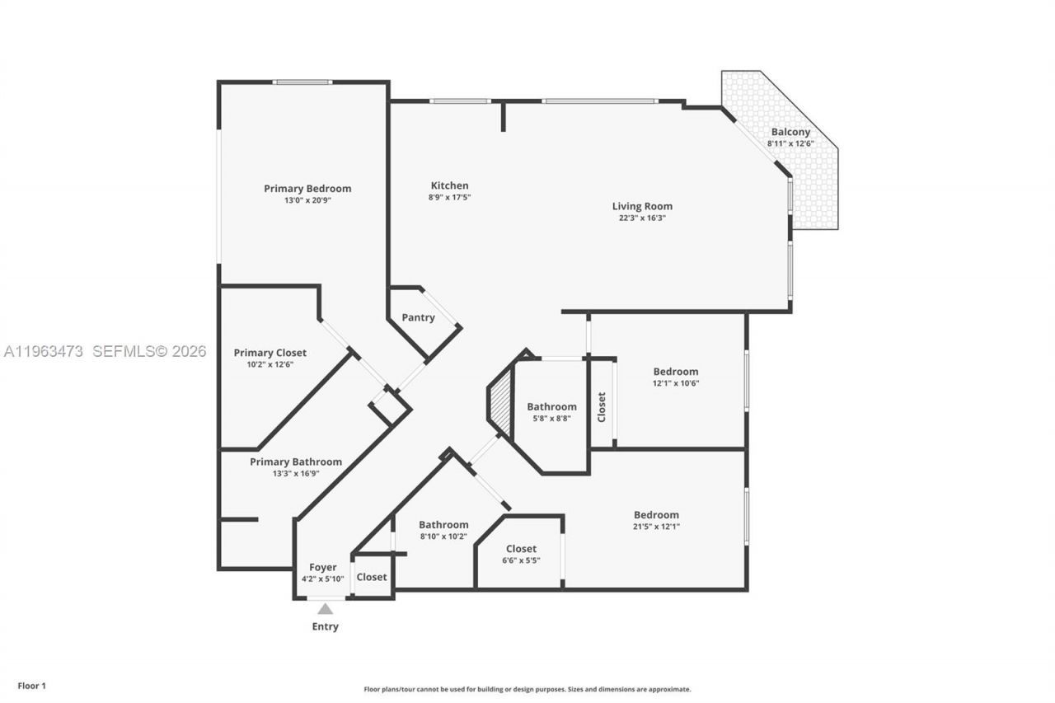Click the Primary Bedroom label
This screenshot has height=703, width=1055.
(307, 189)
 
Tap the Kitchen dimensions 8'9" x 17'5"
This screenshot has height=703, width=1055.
(449, 197)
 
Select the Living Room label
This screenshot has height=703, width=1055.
(642, 206)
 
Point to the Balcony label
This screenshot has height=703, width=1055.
(790, 132)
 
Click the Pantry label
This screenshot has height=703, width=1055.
(418, 317)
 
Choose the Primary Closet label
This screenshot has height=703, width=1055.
(270, 353)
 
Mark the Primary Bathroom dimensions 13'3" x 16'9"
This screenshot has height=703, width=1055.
(296, 473)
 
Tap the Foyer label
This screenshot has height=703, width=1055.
(323, 567)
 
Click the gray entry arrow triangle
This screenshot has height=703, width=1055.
(326, 609)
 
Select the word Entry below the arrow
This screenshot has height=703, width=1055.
(326, 626)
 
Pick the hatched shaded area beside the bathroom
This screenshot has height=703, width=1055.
(500, 401)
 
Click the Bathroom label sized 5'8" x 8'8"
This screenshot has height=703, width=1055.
(551, 406)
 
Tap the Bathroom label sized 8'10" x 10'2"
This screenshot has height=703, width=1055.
(443, 524)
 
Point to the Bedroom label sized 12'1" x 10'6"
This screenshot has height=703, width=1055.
(676, 372)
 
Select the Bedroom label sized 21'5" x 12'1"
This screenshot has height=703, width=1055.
(657, 515)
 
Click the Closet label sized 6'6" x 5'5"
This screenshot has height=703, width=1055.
(521, 549)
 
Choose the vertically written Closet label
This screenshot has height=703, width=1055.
(602, 407)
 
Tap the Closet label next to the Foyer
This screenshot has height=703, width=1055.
(372, 577)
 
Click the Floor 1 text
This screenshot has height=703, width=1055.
(32, 686)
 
